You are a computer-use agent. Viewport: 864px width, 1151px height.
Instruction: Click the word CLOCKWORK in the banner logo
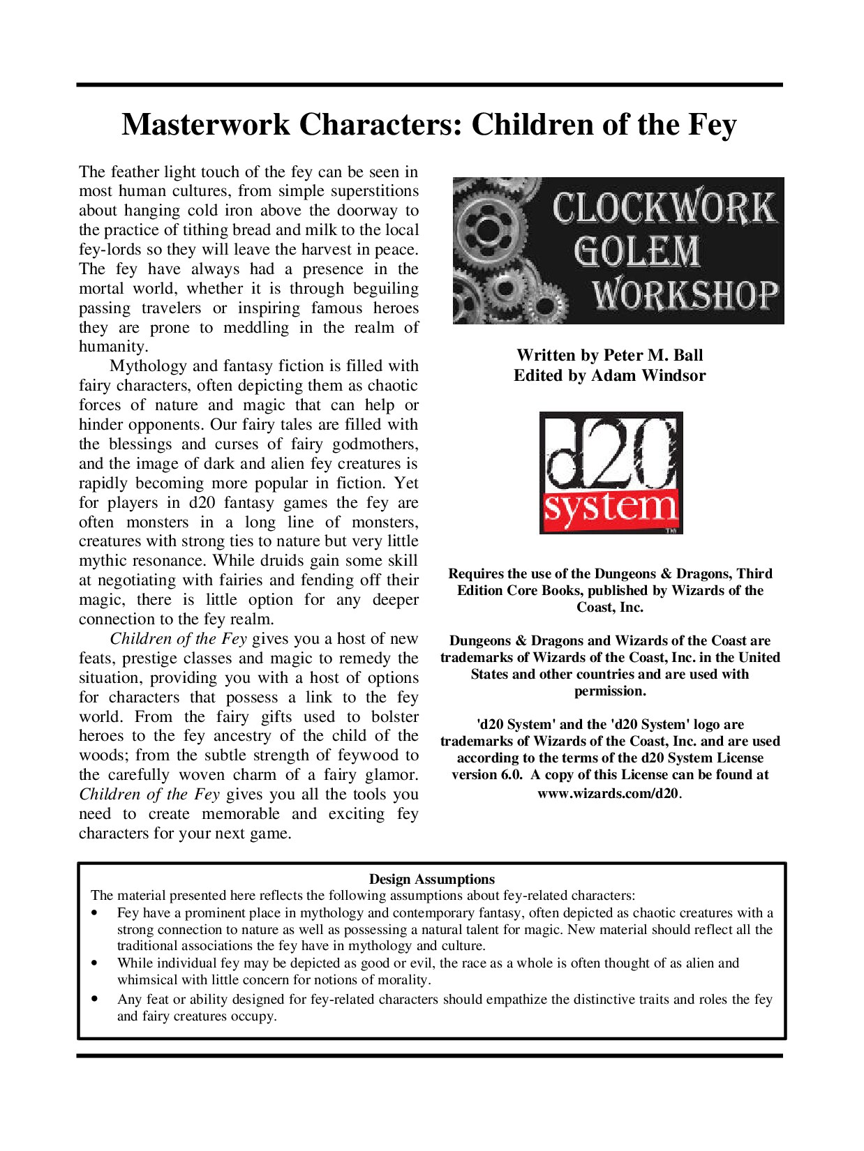click(x=664, y=208)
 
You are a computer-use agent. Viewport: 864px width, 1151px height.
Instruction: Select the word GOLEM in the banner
click(x=636, y=251)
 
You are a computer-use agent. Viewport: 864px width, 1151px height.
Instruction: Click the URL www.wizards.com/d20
click(x=608, y=793)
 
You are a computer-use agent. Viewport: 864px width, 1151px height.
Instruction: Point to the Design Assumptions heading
click(x=431, y=879)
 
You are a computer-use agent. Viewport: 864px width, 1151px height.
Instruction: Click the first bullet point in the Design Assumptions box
click(x=94, y=913)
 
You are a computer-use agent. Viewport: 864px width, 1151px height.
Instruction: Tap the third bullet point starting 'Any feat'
click(x=94, y=1000)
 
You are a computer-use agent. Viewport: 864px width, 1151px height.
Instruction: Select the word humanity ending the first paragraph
click(x=112, y=347)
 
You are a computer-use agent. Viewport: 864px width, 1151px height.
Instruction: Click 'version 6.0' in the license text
click(x=486, y=774)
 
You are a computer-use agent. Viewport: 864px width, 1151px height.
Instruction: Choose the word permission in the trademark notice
click(x=609, y=691)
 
